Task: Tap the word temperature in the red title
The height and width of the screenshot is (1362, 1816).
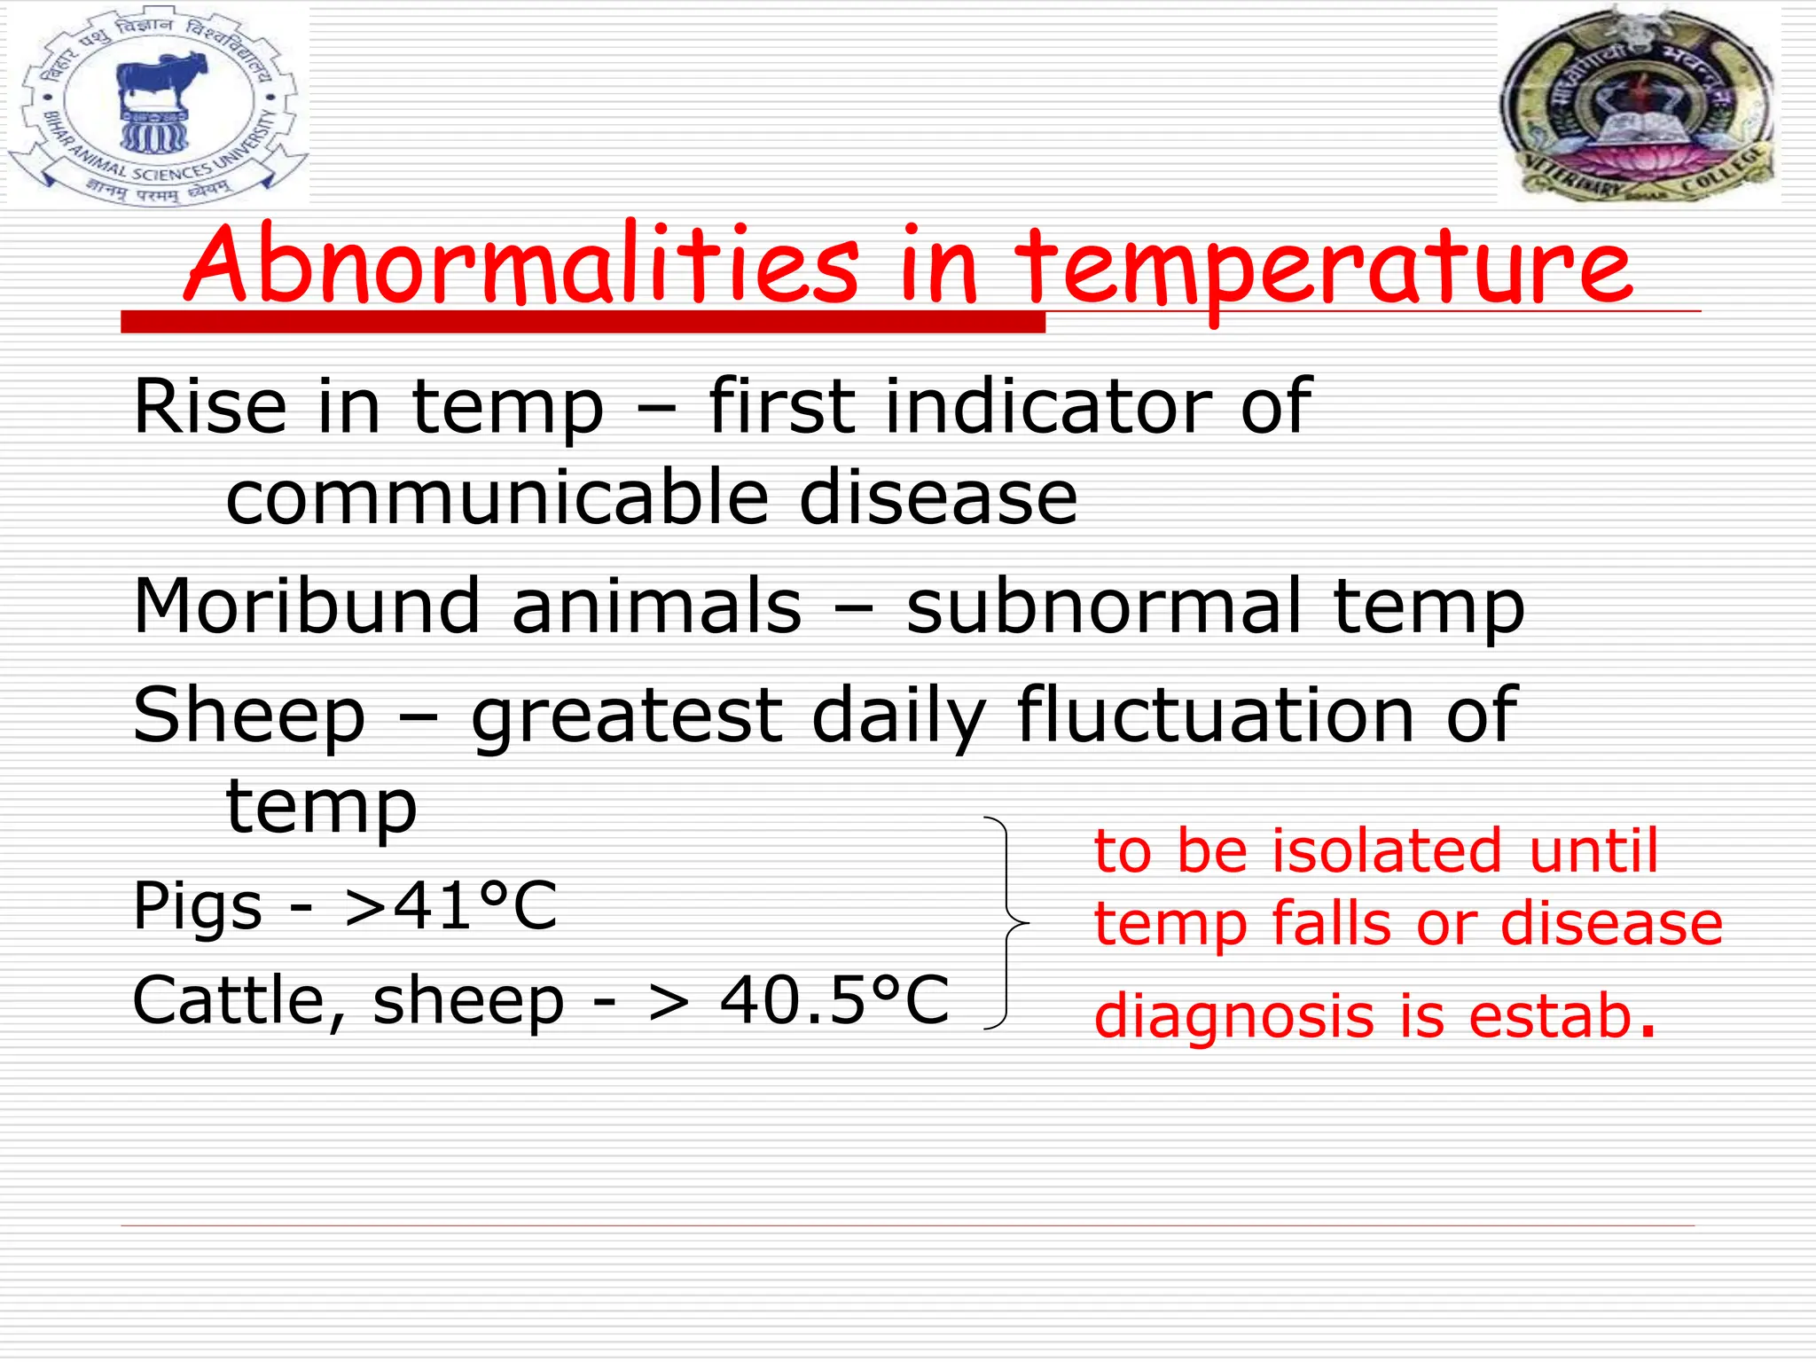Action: pos(1321,266)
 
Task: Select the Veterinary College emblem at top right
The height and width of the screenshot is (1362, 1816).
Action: pos(1639,103)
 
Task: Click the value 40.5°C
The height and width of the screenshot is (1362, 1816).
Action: pos(834,1000)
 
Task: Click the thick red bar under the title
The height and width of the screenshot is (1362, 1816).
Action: pos(583,322)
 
